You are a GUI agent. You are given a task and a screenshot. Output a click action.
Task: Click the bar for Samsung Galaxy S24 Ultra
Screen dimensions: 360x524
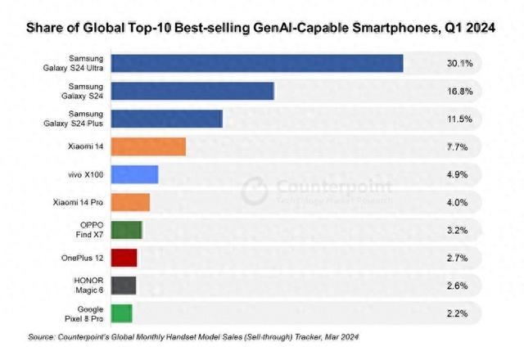256,63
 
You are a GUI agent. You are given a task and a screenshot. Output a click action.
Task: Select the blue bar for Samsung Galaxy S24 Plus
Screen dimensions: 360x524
166,119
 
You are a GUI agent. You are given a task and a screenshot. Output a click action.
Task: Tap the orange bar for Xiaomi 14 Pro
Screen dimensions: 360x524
130,202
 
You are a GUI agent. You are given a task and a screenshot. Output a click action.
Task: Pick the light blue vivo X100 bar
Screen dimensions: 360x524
134,174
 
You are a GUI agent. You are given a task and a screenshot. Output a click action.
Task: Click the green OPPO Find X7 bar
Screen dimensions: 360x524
126,230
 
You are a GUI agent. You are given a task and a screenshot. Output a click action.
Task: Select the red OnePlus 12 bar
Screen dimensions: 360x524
124,258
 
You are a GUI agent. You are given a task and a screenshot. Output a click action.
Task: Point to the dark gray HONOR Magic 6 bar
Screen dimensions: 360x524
123,286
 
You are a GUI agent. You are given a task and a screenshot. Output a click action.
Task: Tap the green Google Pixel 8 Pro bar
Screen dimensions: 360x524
121,313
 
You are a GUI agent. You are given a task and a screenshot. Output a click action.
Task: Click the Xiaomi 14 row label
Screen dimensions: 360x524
86,146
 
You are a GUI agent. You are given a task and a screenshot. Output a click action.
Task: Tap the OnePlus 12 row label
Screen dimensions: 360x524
81,258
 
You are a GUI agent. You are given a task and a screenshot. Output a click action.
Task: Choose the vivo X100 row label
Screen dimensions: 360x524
85,174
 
